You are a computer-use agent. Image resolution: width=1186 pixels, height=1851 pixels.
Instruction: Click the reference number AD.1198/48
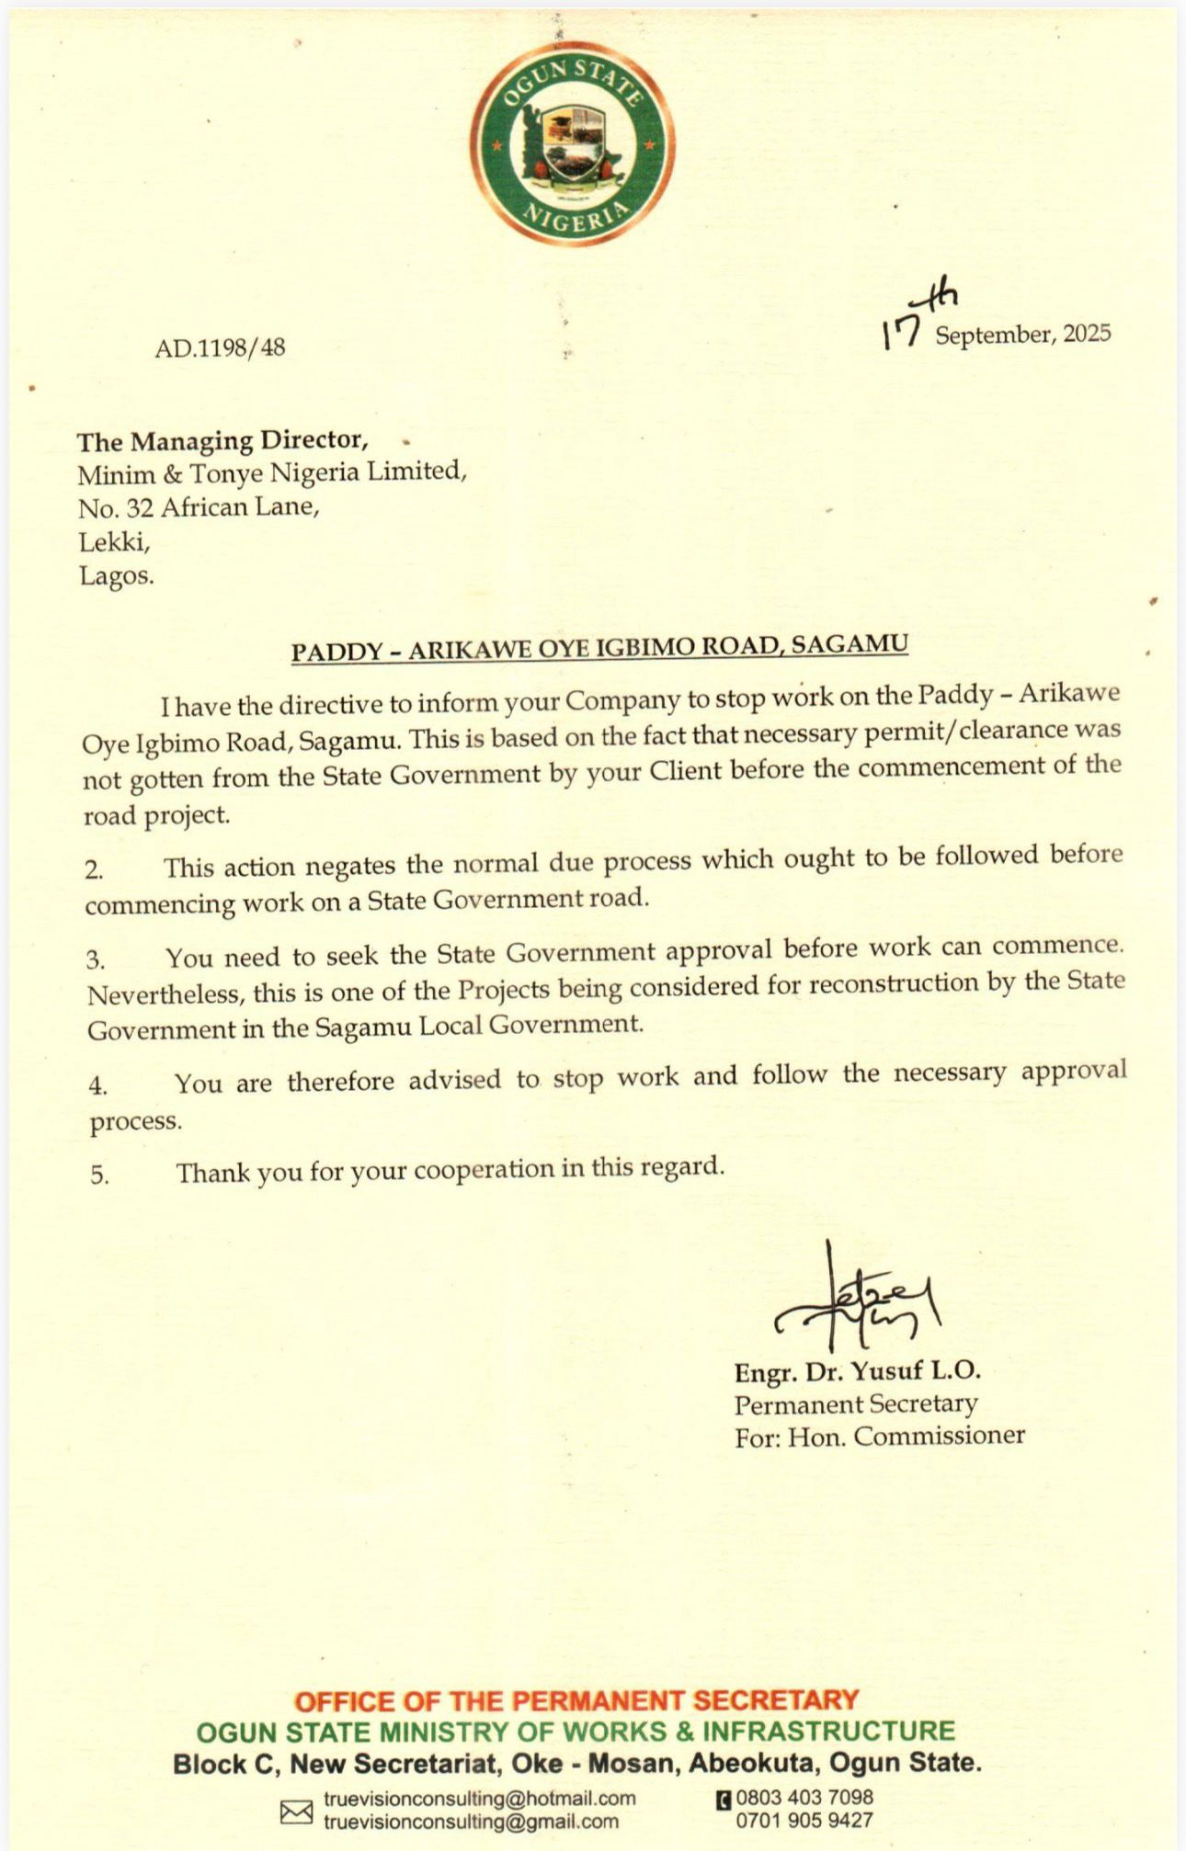(220, 347)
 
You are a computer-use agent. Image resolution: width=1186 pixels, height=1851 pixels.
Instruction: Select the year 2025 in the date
(1087, 333)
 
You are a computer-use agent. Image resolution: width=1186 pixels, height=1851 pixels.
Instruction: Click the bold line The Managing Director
(222, 441)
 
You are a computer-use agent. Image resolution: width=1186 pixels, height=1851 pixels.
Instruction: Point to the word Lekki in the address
(114, 542)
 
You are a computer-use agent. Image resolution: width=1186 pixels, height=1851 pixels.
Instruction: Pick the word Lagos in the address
(117, 576)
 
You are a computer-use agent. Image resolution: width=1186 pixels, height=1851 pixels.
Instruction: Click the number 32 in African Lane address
(140, 508)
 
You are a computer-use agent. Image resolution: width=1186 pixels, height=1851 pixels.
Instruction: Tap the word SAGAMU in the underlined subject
(850, 643)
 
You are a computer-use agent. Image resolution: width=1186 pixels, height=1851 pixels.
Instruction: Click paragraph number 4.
(98, 1085)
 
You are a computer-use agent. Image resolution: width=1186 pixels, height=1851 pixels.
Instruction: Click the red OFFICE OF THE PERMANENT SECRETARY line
(576, 1700)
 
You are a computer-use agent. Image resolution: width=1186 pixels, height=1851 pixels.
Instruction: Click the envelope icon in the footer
(296, 1811)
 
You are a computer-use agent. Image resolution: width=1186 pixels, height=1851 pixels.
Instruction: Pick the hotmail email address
(479, 1798)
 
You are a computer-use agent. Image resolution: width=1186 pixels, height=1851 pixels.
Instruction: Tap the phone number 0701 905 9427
(804, 1821)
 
